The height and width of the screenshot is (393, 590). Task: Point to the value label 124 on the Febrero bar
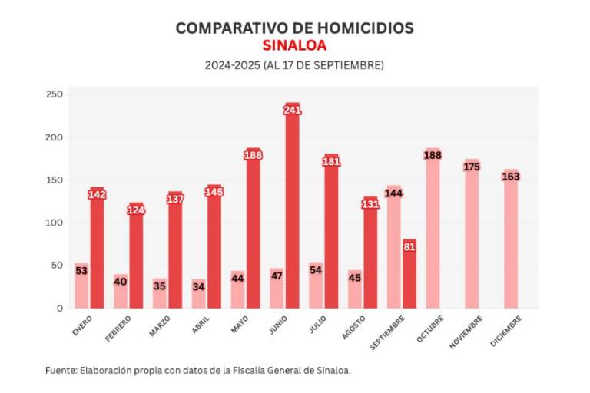point(136,210)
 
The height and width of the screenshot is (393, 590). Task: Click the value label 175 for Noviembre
point(472,167)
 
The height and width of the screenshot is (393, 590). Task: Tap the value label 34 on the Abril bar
point(198,286)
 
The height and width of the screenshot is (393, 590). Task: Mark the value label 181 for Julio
point(331,162)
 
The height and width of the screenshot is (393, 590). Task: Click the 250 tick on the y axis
point(54,95)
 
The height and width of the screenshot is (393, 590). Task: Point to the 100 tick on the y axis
point(54,223)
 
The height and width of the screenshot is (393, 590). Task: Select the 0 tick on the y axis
point(59,309)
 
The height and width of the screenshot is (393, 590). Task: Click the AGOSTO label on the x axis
point(353,327)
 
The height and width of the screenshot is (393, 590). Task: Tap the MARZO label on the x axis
point(160,326)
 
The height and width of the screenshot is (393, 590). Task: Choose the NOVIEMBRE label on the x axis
point(466,331)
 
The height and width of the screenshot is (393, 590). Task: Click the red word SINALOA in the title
point(294,45)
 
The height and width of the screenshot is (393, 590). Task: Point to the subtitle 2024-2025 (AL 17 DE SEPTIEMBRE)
point(294,65)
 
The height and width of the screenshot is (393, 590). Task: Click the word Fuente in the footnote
point(60,370)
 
